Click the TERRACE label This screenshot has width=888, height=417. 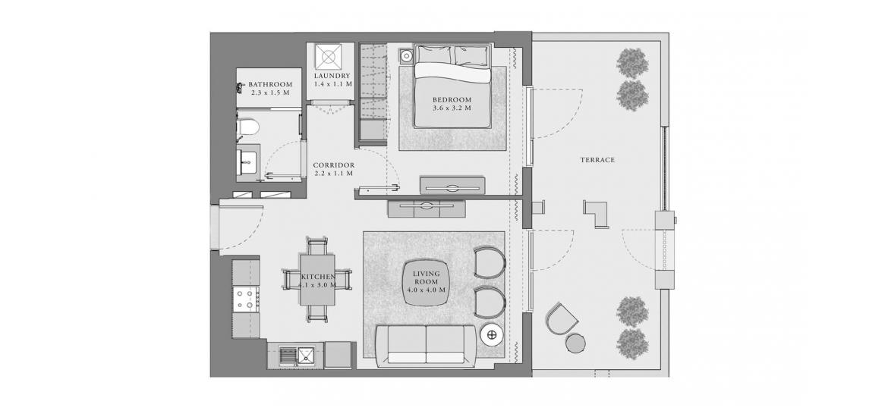click(597, 160)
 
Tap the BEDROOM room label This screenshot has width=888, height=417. click(452, 100)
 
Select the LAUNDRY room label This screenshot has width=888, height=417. click(332, 76)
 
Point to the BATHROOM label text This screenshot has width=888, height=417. click(270, 85)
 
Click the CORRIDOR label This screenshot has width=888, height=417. click(333, 165)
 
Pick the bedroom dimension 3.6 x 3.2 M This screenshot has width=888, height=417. click(452, 108)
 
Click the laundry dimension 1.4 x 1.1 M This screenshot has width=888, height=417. click(333, 83)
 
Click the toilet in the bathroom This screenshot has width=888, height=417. click(247, 127)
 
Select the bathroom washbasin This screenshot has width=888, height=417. click(247, 161)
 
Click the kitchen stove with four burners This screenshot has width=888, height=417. click(247, 299)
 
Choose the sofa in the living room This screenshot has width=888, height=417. click(426, 345)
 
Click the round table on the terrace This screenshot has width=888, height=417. click(575, 343)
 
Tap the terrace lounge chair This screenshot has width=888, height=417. click(561, 319)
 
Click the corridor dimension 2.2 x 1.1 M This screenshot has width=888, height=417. click(333, 173)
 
